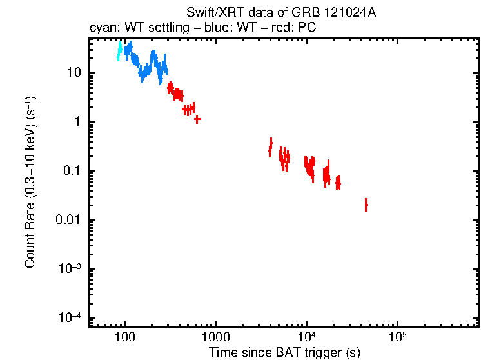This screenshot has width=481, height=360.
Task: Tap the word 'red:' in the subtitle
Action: click(x=270, y=29)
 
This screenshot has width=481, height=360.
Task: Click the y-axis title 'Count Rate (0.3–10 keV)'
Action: click(x=30, y=183)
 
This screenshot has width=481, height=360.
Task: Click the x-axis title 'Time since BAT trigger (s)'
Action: click(x=284, y=353)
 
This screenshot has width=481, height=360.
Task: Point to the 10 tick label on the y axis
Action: click(x=74, y=73)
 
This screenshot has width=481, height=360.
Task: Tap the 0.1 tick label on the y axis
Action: click(x=72, y=171)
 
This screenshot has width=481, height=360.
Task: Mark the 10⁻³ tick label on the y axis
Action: click(x=70, y=269)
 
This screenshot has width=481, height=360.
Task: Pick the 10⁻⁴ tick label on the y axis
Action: click(x=70, y=318)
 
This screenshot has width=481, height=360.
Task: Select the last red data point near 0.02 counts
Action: click(x=366, y=205)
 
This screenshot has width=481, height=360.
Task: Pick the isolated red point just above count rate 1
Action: click(x=197, y=119)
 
